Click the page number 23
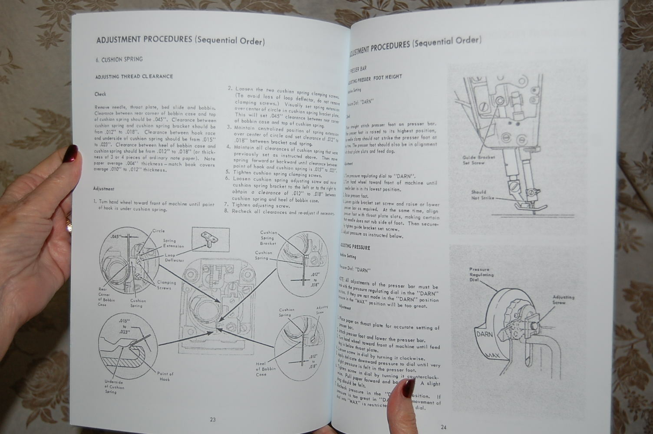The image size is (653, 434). (x=213, y=420)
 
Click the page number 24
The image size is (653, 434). (x=443, y=427)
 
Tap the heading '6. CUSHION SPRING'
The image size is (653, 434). (x=119, y=59)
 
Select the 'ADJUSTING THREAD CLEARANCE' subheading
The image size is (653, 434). (x=134, y=76)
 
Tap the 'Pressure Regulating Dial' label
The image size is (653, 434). (x=481, y=275)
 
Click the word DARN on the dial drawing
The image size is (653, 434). (x=484, y=335)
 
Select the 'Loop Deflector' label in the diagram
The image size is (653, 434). (x=174, y=258)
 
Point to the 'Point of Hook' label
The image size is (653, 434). (x=165, y=376)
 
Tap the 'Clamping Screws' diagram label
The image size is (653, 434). (x=166, y=285)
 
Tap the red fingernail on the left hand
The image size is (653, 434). (x=71, y=152)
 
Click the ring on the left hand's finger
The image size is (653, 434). (x=68, y=224)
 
